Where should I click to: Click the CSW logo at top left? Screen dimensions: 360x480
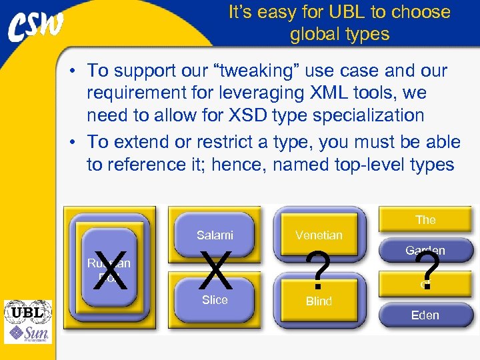tap(37, 27)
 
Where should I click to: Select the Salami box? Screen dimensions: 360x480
tap(215, 235)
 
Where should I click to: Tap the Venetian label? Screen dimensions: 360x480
tap(319, 235)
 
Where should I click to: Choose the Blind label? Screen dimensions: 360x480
tap(319, 301)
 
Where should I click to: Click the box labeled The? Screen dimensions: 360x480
tap(425, 219)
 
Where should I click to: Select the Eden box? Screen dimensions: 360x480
tap(425, 315)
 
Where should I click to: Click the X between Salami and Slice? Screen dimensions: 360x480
tap(215, 271)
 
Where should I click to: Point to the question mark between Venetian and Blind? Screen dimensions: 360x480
tap(321, 270)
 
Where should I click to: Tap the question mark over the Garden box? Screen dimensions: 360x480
tap(427, 270)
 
